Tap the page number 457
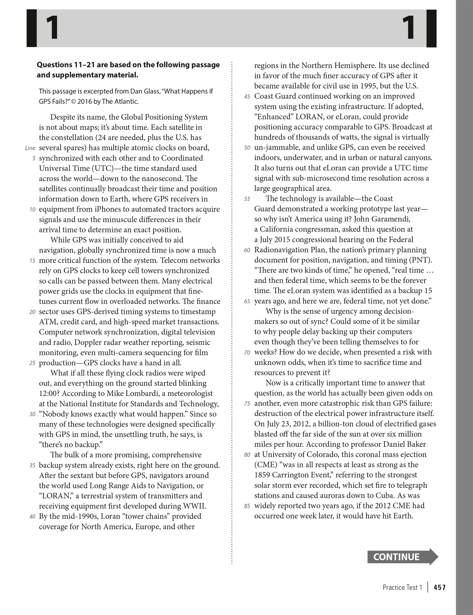pyautogui.click(x=440, y=587)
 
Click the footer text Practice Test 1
pyautogui.click(x=402, y=587)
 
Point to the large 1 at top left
pyautogui.click(x=52, y=28)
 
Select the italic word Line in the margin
pyautogui.click(x=30, y=148)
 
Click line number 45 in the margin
pyautogui.click(x=247, y=97)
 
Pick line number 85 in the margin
pyautogui.click(x=247, y=506)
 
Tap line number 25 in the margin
pyautogui.click(x=32, y=363)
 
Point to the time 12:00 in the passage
pyautogui.click(x=49, y=394)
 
